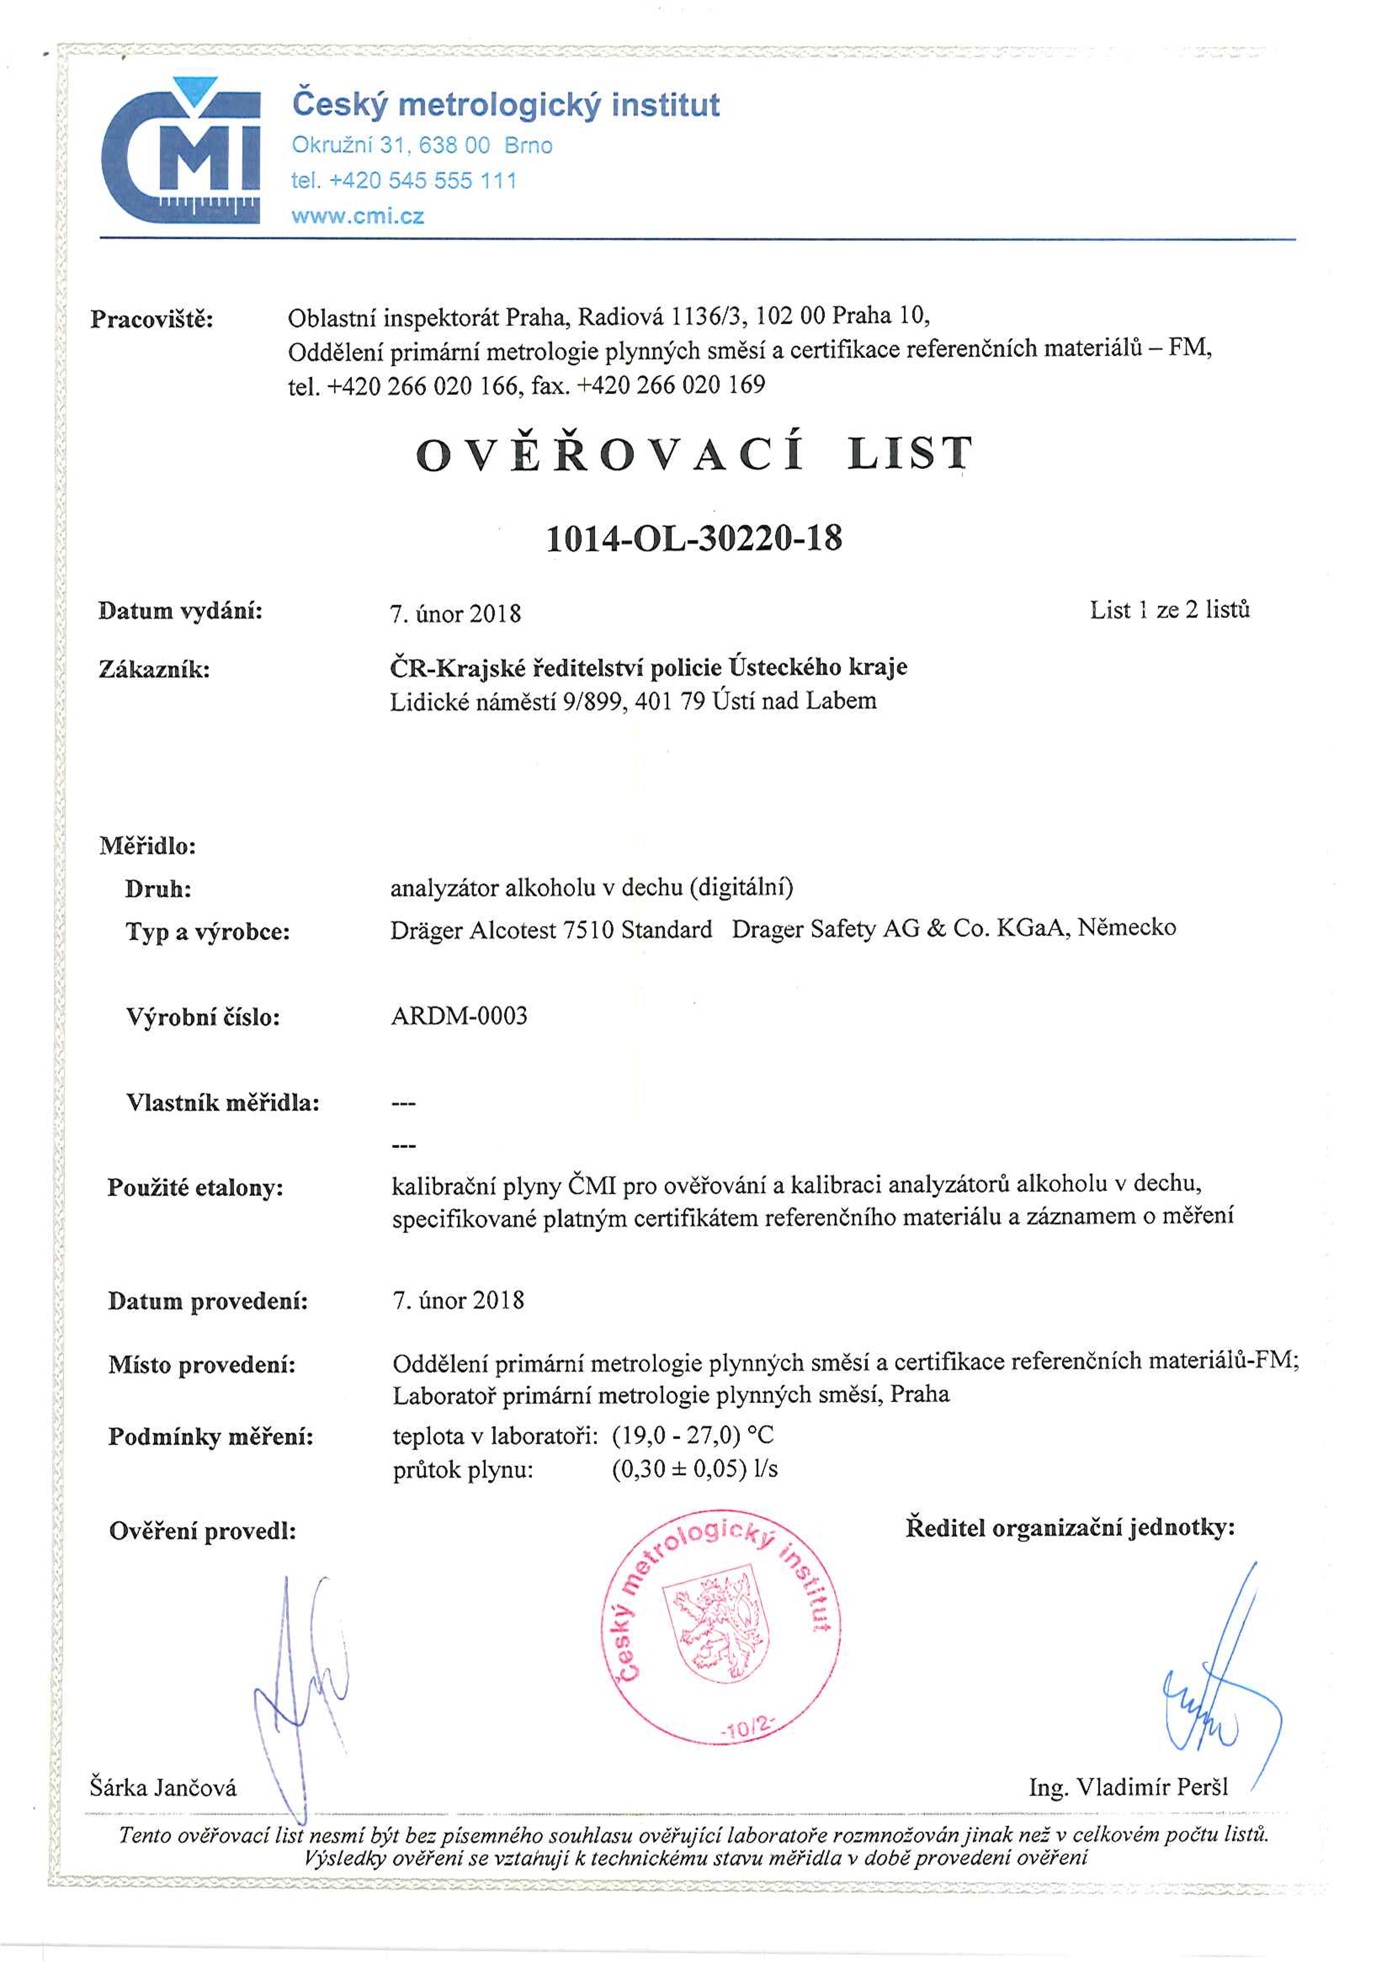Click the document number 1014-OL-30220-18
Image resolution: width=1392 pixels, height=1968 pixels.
click(694, 538)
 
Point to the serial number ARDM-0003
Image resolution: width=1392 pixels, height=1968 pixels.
click(460, 1016)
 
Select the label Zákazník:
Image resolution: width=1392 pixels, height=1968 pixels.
click(154, 669)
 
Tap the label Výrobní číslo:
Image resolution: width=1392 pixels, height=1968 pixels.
click(203, 1017)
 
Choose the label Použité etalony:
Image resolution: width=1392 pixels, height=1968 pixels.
click(196, 1188)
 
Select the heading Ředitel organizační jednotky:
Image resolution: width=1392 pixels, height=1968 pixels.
click(1070, 1527)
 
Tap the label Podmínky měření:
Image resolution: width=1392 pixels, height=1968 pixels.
click(211, 1437)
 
